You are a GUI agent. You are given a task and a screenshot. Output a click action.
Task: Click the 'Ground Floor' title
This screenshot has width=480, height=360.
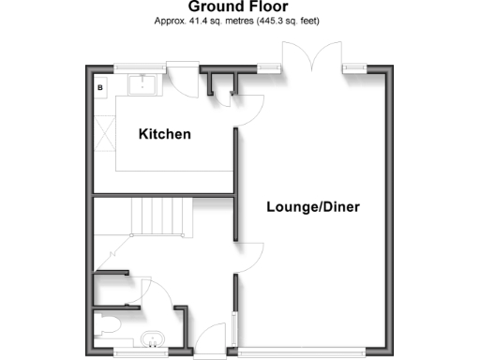(x=239, y=7)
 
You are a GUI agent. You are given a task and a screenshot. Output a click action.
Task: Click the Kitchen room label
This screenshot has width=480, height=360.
(x=165, y=134)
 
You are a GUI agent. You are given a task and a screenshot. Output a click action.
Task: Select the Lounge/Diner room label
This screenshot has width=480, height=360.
(x=312, y=207)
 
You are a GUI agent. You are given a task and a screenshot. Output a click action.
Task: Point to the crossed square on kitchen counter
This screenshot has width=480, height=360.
(x=104, y=142)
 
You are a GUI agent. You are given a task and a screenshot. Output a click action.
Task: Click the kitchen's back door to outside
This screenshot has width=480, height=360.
(x=182, y=78)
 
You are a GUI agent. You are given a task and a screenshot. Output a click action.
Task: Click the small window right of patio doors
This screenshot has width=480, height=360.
(x=354, y=67)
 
